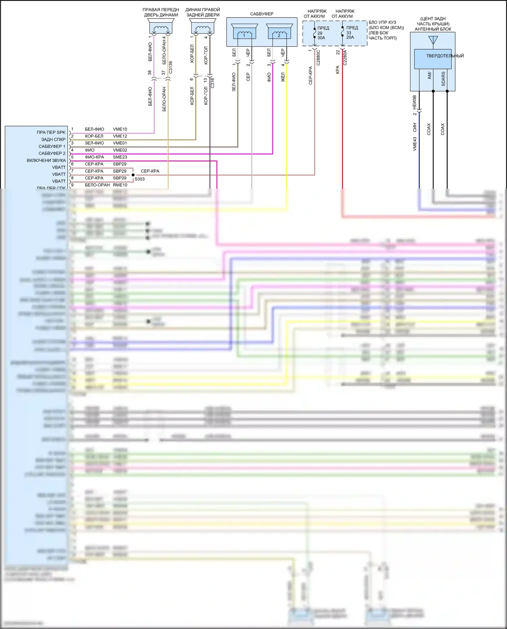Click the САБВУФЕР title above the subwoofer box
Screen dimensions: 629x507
[x=262, y=14]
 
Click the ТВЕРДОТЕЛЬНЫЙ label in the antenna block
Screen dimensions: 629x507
[x=445, y=56]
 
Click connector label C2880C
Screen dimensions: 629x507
[x=318, y=58]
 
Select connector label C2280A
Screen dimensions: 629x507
[x=345, y=58]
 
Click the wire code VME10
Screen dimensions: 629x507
[x=120, y=129]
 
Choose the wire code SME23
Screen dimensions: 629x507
[x=120, y=157]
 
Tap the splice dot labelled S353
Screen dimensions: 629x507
[x=133, y=175]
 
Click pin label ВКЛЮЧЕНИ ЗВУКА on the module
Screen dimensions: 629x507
[x=46, y=161]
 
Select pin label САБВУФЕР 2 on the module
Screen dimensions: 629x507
[x=52, y=153]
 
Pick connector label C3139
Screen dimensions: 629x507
[x=171, y=67]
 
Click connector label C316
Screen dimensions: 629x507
[x=213, y=83]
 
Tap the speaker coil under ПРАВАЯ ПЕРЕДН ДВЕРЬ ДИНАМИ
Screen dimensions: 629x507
[x=161, y=28]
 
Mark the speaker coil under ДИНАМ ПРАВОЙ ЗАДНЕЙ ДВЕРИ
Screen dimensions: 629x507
[x=202, y=28]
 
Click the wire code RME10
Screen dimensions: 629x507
[x=120, y=185]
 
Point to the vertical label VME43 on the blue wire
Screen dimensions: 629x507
[x=415, y=144]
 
